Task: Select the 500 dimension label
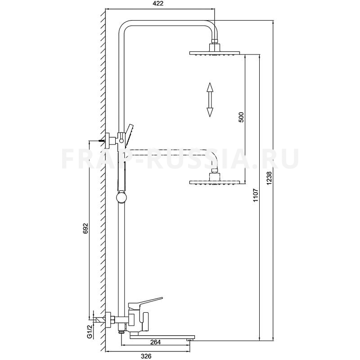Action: (x=241, y=117)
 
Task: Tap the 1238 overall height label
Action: (x=269, y=178)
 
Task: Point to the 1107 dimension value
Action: (x=256, y=195)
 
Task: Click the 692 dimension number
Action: (x=85, y=228)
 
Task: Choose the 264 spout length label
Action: (x=155, y=342)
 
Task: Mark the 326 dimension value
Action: (x=146, y=356)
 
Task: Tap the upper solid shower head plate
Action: (x=215, y=53)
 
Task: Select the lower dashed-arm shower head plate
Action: (x=215, y=182)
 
